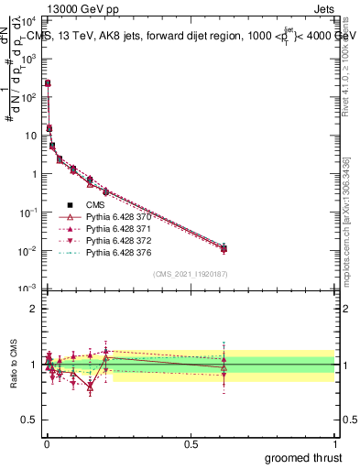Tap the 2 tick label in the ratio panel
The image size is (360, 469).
point(35,309)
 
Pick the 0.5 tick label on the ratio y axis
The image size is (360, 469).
point(31,420)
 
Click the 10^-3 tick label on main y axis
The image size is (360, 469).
point(28,289)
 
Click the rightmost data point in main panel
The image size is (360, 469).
point(224,248)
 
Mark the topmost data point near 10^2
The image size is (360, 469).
point(48,83)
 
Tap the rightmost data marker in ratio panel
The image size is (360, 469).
point(224,366)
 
